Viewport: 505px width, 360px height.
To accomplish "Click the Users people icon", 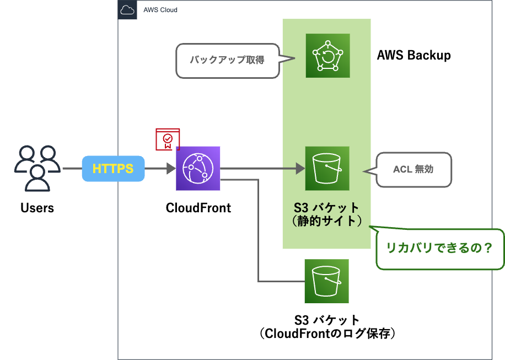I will pos(37,168).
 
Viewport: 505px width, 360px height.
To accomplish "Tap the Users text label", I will pos(37,208).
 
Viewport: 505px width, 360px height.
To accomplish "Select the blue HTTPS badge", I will pos(113,168).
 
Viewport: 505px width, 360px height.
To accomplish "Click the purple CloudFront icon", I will pos(198,168).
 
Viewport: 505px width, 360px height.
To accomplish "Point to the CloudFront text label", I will pos(198,208).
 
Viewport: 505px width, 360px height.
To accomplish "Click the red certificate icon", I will pos(168,139).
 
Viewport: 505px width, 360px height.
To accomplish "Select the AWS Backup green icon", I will pos(327,56).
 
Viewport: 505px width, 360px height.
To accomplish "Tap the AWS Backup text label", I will pos(413,55).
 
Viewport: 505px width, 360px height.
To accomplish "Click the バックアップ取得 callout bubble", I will pos(227,60).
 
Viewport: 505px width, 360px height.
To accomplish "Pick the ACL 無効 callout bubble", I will pos(413,169).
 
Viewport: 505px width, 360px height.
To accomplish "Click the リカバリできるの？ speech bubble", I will pos(439,249).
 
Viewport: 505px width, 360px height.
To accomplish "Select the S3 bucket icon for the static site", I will pos(327,168).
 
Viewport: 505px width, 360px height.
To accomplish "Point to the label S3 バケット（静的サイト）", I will pos(327,214).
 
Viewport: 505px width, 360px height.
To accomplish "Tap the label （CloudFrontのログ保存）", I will pos(327,334).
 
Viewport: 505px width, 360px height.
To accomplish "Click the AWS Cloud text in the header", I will pos(160,10).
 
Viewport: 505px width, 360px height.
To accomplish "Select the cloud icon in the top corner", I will pos(127,10).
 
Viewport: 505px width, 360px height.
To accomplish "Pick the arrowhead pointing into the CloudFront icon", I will pos(171,168).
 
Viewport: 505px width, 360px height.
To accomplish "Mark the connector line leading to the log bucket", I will pos(259,232).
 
